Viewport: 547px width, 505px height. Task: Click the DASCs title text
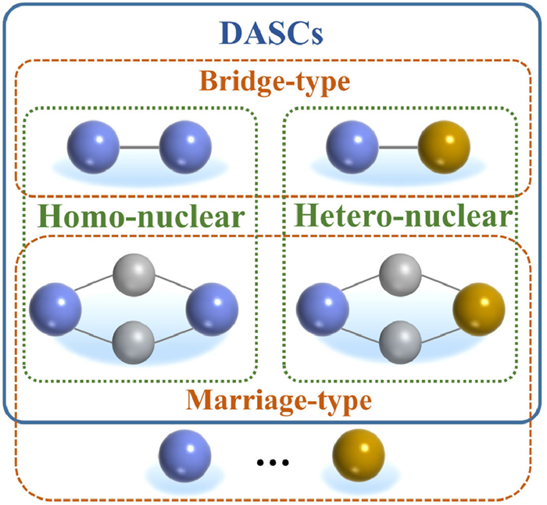pos(273,33)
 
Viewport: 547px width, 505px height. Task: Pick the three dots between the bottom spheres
pos(273,464)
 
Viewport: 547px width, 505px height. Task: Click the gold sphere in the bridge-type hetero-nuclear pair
pos(445,145)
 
